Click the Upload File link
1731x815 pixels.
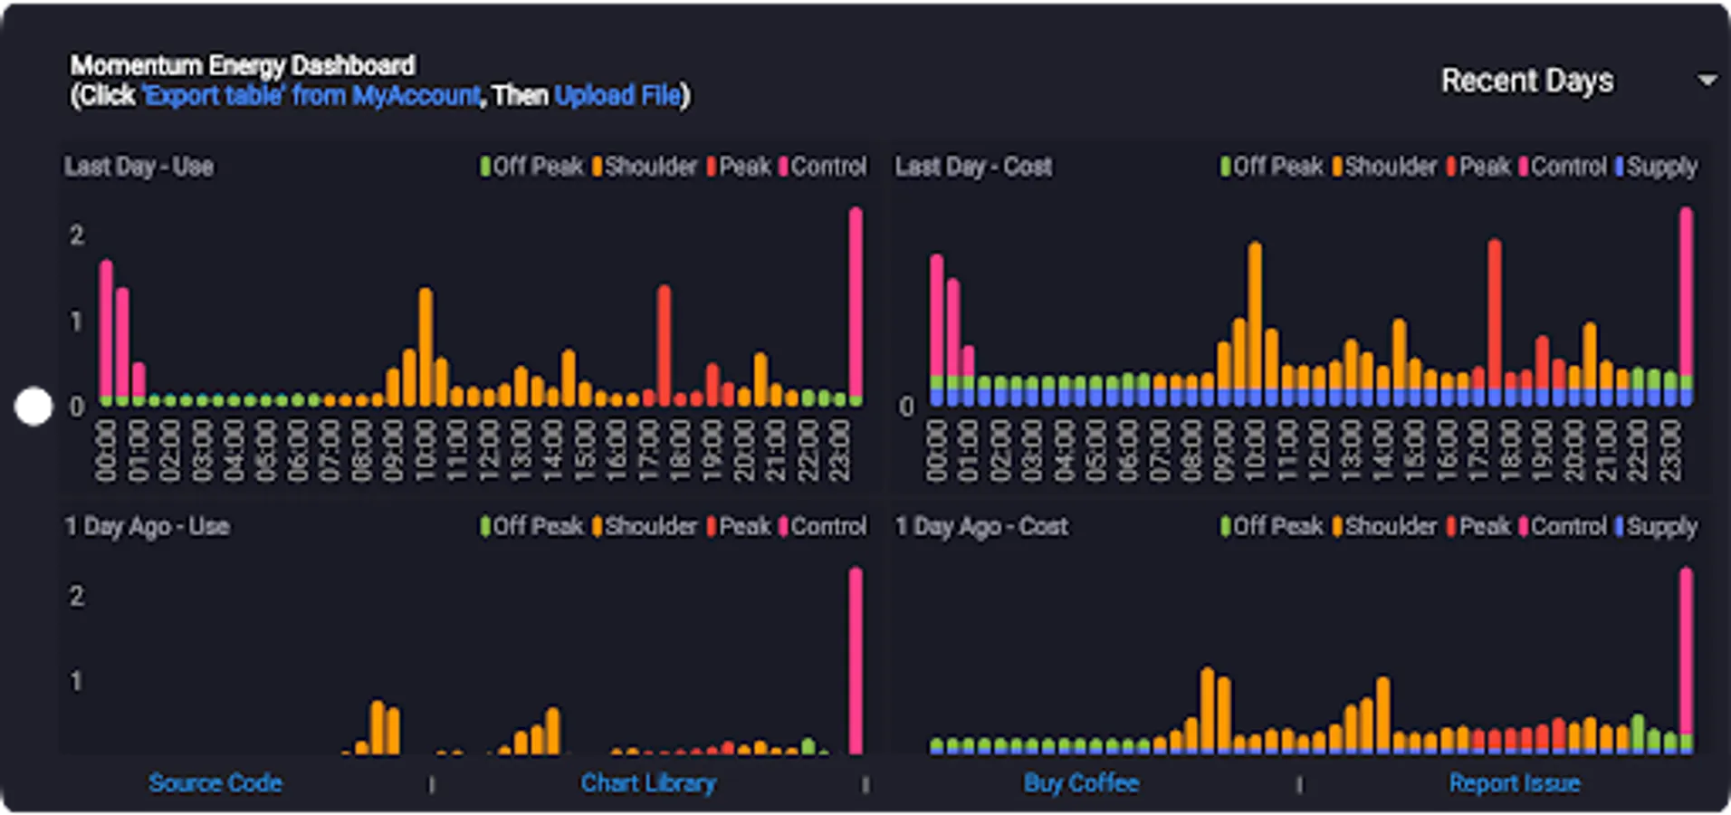[618, 95]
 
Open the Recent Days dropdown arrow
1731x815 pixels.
[1707, 81]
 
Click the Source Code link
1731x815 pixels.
[215, 782]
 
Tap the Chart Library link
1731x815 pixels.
[648, 782]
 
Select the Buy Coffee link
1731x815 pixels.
[1081, 782]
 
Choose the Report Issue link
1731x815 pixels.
[1515, 782]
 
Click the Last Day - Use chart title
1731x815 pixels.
[139, 167]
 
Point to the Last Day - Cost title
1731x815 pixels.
[973, 167]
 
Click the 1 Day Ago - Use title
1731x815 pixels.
[147, 526]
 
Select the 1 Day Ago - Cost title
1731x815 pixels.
[981, 526]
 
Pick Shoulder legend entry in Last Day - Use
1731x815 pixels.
[645, 167]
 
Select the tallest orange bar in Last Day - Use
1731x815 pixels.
[426, 347]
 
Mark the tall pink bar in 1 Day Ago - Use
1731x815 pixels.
[856, 661]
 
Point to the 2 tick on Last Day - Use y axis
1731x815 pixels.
[77, 235]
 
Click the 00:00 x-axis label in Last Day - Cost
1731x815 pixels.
[936, 450]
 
